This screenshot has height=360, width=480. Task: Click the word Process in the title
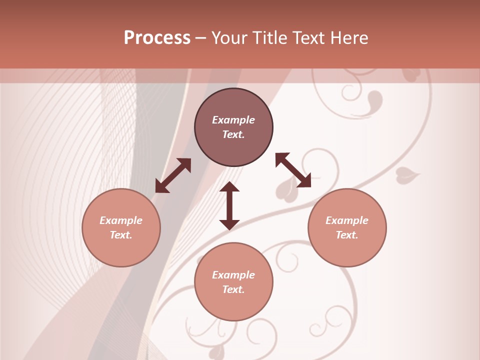157,38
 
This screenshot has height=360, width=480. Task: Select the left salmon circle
121,250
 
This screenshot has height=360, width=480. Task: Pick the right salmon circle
347,250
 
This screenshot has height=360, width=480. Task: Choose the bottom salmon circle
233,305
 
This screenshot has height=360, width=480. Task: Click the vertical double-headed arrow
229,205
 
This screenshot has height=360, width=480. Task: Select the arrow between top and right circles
293,170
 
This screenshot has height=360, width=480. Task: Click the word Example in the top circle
233,120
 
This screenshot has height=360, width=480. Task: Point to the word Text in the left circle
121,235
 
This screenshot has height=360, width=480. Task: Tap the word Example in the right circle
347,220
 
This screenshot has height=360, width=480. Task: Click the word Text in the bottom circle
233,289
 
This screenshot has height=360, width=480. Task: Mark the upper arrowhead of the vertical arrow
229,187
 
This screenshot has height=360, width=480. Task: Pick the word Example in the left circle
121,220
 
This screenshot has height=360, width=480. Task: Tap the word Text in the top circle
233,134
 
